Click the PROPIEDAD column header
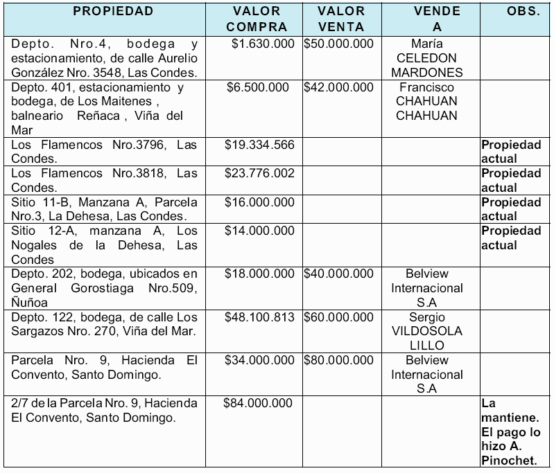[113, 12]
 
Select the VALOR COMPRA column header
[257, 19]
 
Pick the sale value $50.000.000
[339, 44]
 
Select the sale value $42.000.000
[339, 87]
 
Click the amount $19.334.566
[259, 145]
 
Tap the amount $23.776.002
[259, 173]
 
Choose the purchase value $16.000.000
[259, 202]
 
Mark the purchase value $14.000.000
[259, 231]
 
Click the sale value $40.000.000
[339, 274]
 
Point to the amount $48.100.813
[259, 317]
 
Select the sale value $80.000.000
[339, 360]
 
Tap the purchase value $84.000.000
[258, 403]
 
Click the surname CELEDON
[426, 58]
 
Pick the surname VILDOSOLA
[426, 331]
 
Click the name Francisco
[426, 87]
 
